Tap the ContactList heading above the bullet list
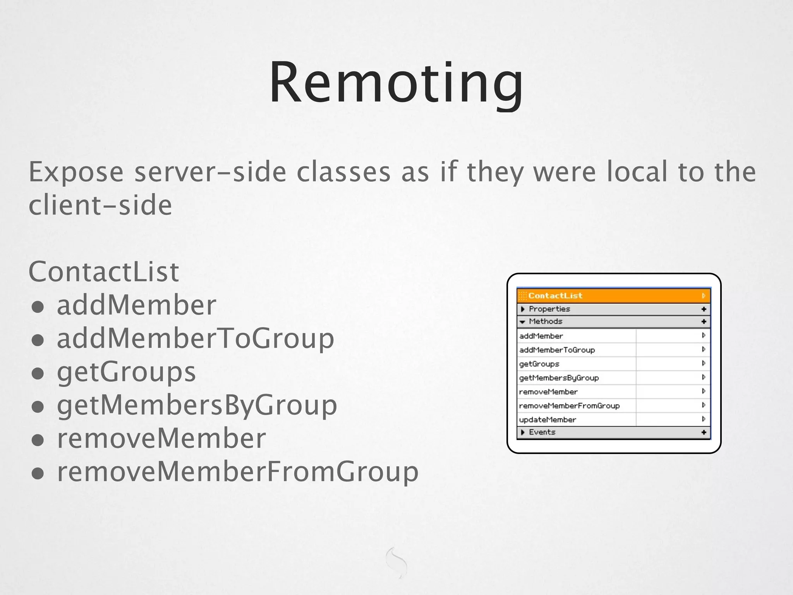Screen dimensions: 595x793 [104, 272]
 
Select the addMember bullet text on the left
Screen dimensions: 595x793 [136, 305]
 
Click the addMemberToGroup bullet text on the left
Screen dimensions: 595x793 [196, 339]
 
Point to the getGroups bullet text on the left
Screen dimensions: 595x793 [126, 372]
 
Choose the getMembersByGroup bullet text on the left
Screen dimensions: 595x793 [197, 405]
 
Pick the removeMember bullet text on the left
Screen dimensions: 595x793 [161, 439]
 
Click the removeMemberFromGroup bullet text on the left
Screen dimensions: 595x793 [238, 472]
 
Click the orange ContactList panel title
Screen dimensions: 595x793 [555, 296]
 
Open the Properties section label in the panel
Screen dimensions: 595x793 [549, 309]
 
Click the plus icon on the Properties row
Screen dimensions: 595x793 [704, 309]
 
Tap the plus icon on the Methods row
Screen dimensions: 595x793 [704, 322]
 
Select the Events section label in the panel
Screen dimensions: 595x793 [542, 432]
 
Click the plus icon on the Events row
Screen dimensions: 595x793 [704, 432]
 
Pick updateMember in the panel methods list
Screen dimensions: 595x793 [548, 420]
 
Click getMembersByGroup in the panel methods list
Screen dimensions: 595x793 [559, 378]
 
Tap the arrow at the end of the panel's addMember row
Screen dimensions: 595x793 [704, 335]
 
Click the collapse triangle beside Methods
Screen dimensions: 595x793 [522, 322]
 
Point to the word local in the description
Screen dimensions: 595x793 [637, 172]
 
